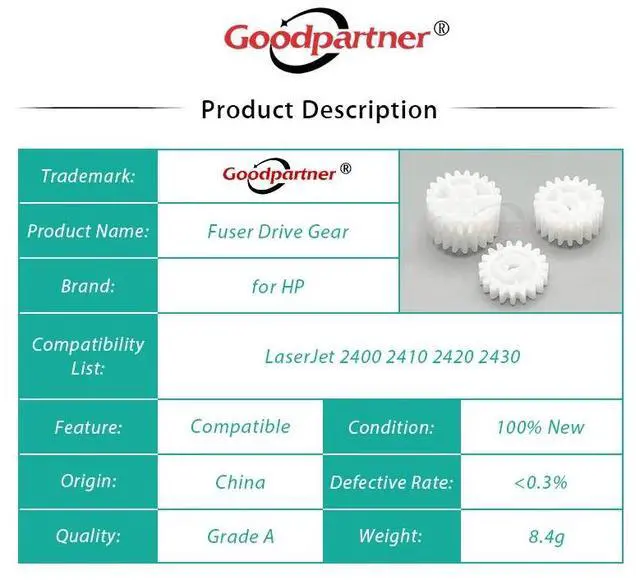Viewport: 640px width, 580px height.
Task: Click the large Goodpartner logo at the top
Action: pos(336,39)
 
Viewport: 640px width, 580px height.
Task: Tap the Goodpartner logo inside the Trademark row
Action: pos(287,175)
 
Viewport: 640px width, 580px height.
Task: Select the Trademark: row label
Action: pos(88,176)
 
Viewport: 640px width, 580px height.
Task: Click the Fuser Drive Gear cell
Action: pos(278,231)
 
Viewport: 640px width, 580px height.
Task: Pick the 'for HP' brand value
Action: pos(278,286)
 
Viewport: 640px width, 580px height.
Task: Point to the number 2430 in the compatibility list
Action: pos(499,356)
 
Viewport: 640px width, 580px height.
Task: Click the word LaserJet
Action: pos(300,356)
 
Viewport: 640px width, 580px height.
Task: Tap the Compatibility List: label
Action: pos(88,356)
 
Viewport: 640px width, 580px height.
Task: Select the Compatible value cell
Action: pos(240,427)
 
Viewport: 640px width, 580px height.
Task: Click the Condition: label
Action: pos(391,427)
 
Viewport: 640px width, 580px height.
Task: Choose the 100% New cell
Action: pos(540,427)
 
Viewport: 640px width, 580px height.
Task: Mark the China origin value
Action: pos(240,482)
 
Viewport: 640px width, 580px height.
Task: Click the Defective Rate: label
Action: pos(391,482)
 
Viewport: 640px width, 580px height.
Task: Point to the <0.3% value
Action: pos(540,482)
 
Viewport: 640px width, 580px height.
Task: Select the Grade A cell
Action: pos(240,536)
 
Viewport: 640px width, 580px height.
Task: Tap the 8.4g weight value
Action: pos(547,537)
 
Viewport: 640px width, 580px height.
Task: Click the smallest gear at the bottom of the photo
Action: pos(513,272)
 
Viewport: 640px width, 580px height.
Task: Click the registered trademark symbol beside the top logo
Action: pos(441,29)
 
